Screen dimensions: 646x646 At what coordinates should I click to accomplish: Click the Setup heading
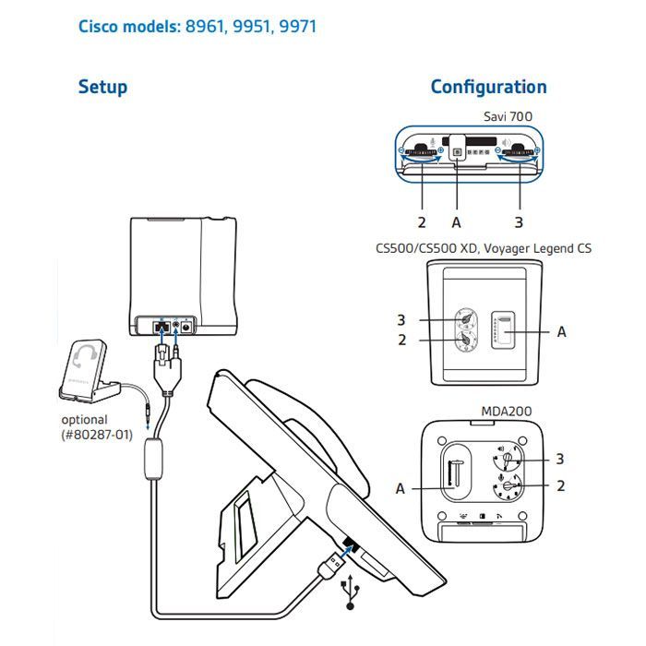102,88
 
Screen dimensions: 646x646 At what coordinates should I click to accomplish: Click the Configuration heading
488,87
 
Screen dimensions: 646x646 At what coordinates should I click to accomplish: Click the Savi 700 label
510,116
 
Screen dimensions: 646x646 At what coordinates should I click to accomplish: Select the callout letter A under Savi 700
456,222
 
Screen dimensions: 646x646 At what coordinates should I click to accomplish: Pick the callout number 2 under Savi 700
421,222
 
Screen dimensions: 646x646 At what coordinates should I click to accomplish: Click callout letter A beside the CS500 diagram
561,331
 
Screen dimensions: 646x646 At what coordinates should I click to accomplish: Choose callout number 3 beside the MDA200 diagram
558,458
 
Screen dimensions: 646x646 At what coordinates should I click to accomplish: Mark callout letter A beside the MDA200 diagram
401,488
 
